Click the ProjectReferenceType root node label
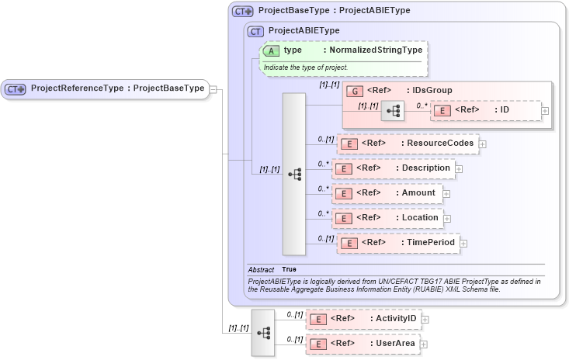click(117, 88)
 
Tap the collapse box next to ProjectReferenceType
click(213, 88)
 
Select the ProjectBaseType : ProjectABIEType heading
click(334, 11)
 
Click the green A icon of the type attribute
click(272, 50)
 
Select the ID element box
click(485, 110)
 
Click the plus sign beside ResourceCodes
click(483, 144)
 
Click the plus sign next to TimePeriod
click(464, 244)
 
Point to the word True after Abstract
click(289, 269)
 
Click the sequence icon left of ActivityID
click(263, 332)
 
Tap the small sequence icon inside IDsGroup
click(394, 111)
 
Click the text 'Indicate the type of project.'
click(305, 67)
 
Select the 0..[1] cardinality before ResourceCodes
click(326, 139)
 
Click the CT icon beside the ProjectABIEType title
click(256, 31)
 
